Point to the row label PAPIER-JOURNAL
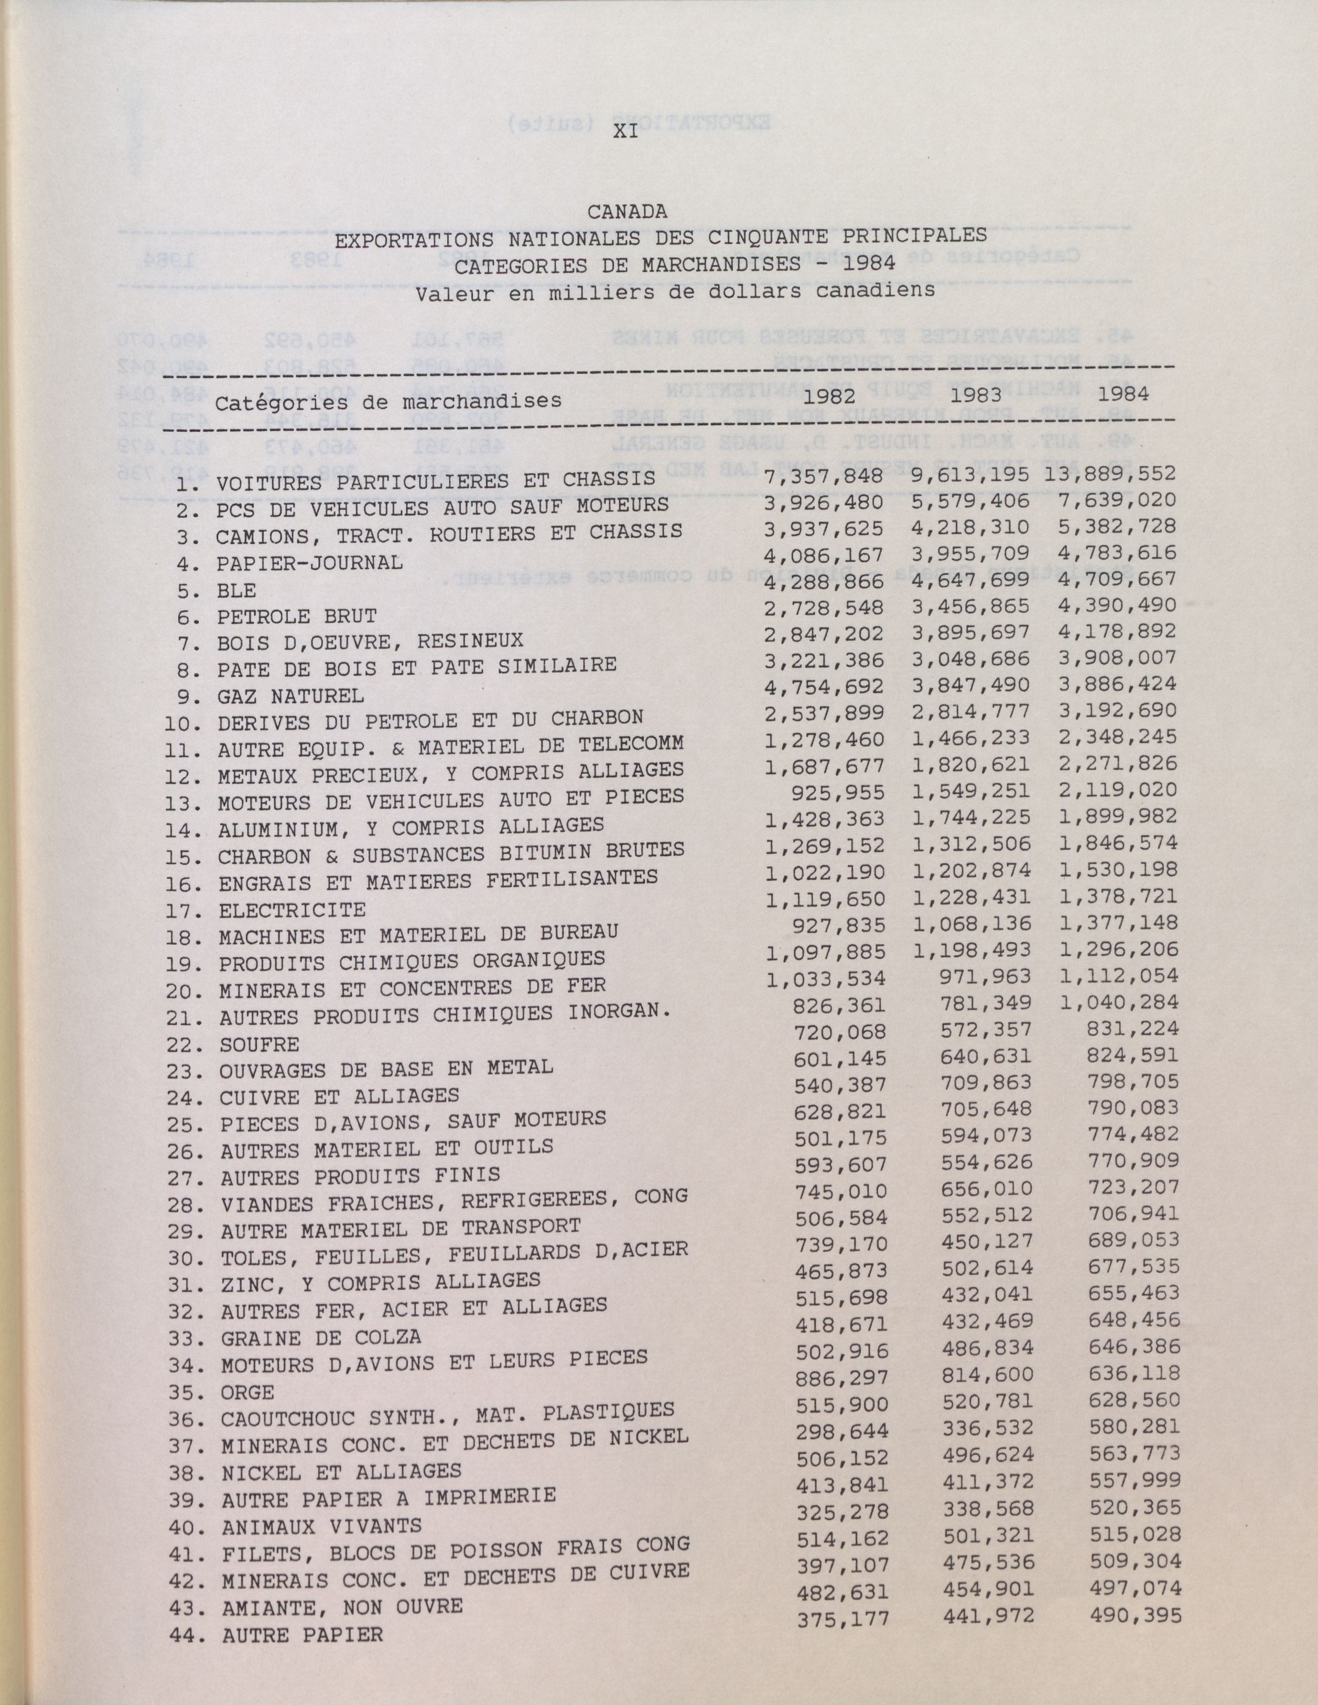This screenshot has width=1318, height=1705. [310, 563]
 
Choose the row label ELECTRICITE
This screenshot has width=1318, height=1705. [292, 910]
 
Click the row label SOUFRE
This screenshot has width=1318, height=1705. [259, 1044]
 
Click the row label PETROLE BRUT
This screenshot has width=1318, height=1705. [297, 617]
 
